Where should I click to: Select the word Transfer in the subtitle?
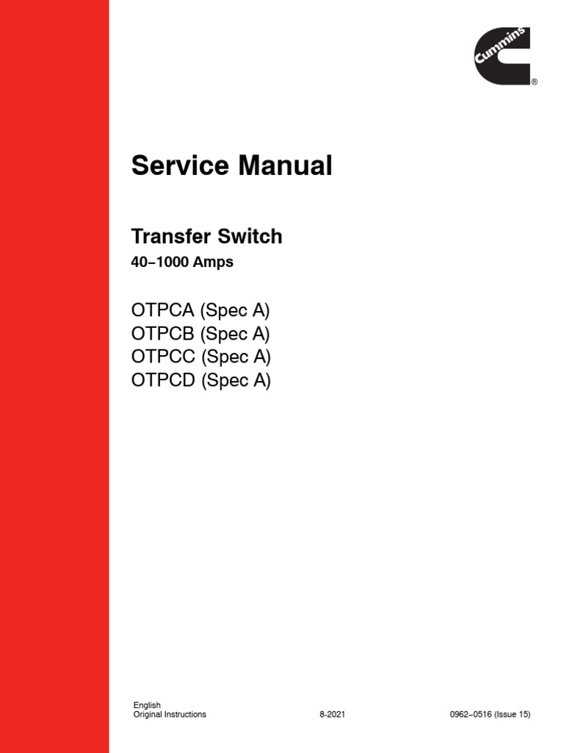point(170,237)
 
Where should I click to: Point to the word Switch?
point(249,237)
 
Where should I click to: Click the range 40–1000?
point(159,262)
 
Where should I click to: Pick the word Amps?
point(213,262)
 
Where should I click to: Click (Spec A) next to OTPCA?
point(234,310)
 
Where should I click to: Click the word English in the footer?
point(147,705)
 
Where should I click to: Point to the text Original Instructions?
point(170,714)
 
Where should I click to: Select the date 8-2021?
point(332,714)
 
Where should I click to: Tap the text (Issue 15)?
point(513,714)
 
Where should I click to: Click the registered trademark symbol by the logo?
point(534,82)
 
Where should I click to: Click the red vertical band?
point(54,376)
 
